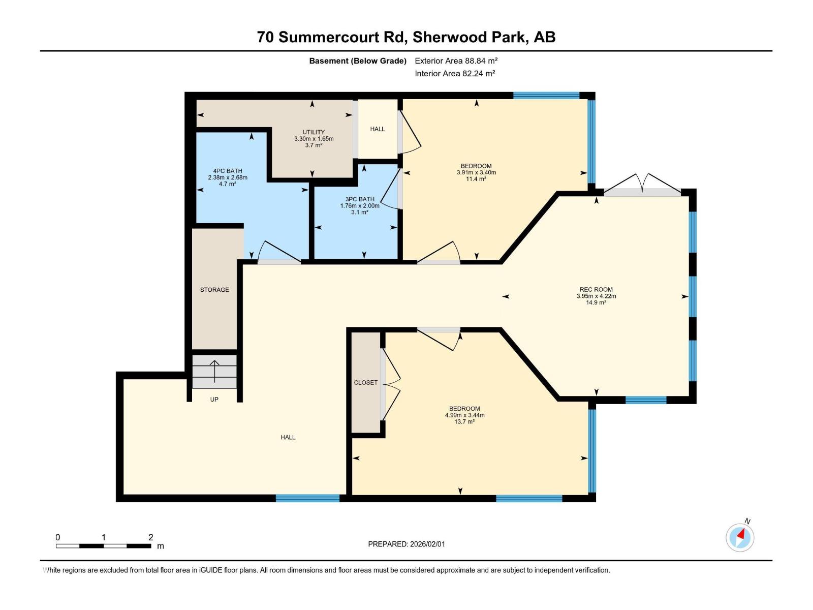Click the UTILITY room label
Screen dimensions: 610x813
(314, 132)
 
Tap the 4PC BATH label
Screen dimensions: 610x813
(227, 171)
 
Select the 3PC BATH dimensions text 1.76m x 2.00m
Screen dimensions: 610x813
(360, 206)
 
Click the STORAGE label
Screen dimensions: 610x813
(214, 290)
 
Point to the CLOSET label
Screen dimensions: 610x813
(366, 383)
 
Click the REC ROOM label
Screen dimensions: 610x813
(596, 290)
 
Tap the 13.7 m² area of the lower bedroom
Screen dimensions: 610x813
(464, 422)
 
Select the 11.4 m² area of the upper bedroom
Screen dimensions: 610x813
(476, 179)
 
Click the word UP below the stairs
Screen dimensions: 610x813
(214, 400)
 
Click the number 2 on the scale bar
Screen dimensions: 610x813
(151, 537)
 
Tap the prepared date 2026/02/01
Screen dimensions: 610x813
(427, 544)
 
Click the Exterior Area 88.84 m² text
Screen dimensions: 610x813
(456, 61)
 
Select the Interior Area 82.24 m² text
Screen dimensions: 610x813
(455, 74)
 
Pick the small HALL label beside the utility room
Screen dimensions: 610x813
(378, 129)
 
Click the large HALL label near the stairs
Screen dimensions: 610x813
(288, 437)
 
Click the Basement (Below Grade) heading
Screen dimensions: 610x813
(358, 61)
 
